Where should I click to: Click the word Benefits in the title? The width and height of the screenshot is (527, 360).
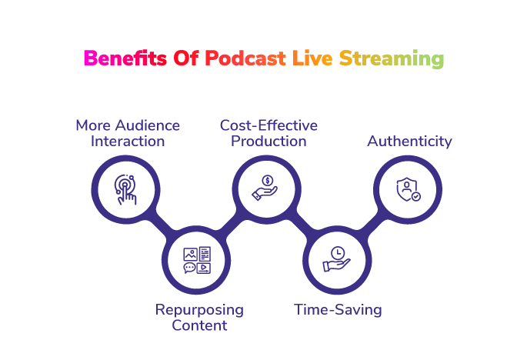click(125, 58)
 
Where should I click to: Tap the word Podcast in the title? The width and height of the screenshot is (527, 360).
click(245, 58)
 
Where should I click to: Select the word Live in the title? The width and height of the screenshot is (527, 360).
click(312, 58)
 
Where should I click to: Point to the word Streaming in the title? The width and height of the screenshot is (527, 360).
click(392, 58)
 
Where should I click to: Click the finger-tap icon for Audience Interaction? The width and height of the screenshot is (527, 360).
click(125, 189)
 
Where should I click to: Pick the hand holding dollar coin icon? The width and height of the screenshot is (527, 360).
click(265, 188)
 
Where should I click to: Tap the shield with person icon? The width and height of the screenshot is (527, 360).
click(408, 189)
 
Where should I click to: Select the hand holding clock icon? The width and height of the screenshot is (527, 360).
click(337, 259)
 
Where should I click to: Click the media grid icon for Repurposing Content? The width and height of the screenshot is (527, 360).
click(197, 260)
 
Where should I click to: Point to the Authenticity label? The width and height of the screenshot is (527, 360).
click(409, 142)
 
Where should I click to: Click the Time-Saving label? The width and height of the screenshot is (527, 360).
click(338, 309)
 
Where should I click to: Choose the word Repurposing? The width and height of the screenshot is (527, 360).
click(199, 310)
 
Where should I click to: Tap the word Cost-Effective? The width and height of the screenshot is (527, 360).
click(269, 125)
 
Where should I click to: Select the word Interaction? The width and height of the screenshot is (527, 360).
click(128, 142)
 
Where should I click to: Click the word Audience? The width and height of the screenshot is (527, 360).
click(148, 125)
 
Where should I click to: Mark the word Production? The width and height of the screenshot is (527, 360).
click(269, 142)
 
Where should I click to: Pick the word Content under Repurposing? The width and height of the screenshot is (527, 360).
click(199, 325)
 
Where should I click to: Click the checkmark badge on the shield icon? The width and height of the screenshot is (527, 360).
click(416, 196)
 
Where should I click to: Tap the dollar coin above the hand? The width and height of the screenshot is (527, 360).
click(268, 181)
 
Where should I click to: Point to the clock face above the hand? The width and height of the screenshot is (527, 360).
click(338, 252)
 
